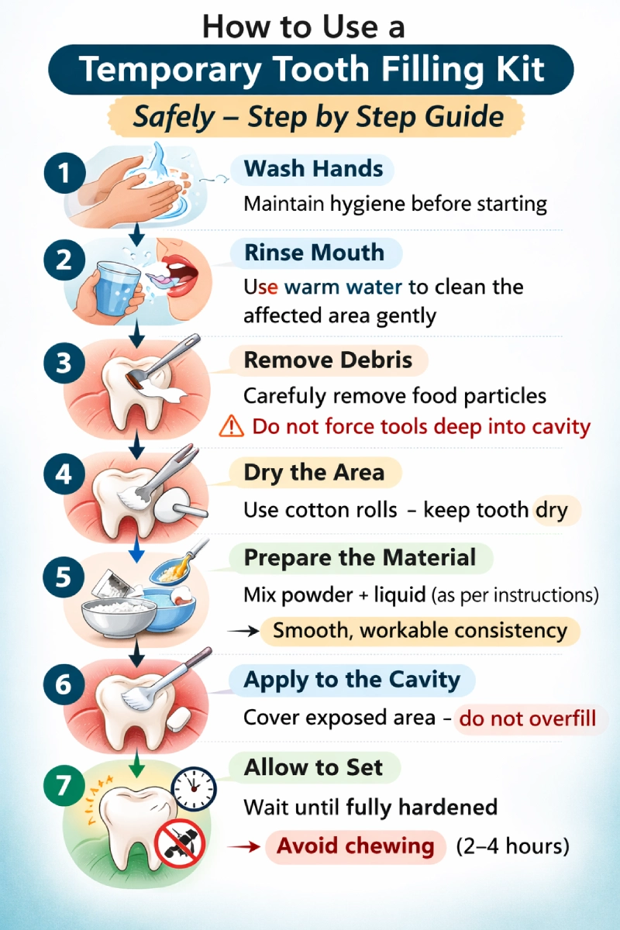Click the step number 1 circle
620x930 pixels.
tap(64, 173)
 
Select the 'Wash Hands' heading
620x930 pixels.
tap(314, 169)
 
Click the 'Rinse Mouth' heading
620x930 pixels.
tap(315, 253)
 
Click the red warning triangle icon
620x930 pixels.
tap(231, 426)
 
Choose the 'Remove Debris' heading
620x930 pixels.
tap(328, 360)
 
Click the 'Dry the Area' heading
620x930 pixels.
tap(314, 473)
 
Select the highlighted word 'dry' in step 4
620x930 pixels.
tap(552, 510)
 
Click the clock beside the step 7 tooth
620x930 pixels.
tap(194, 789)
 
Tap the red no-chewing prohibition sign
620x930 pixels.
tap(179, 844)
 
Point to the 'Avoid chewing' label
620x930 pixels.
tap(356, 846)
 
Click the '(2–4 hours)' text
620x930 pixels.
tap(513, 846)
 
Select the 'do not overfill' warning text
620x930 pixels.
tap(528, 718)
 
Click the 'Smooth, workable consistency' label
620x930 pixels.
tap(420, 631)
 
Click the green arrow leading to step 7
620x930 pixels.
tap(136, 763)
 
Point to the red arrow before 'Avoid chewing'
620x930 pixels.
tap(244, 846)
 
